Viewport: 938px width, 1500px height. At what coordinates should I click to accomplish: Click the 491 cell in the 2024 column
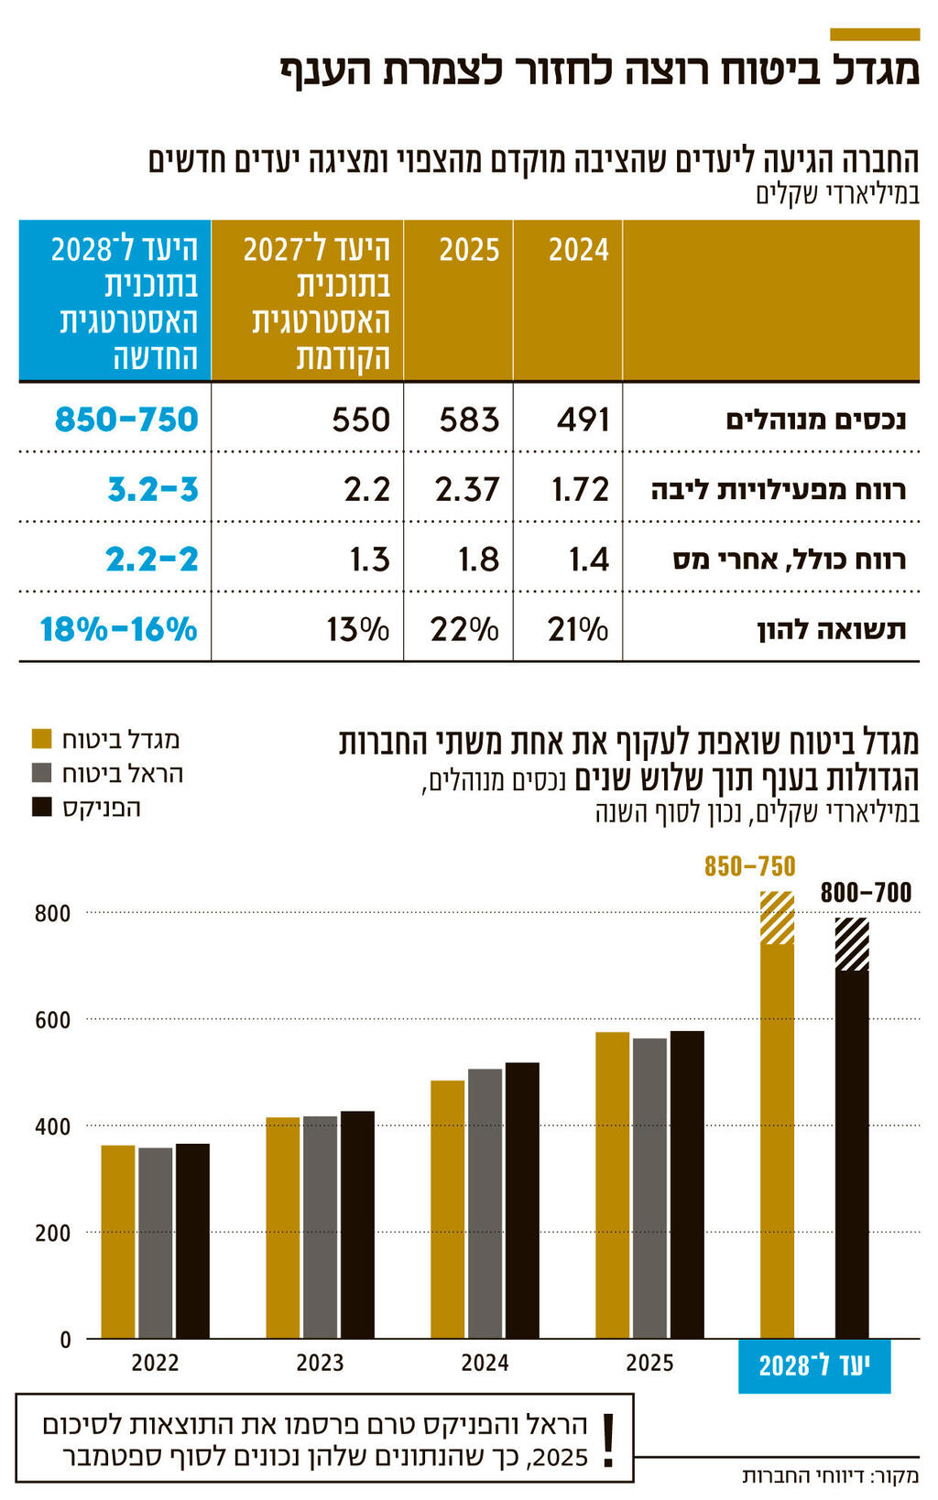pos(583,419)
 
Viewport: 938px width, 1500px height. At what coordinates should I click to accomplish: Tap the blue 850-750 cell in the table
pos(126,419)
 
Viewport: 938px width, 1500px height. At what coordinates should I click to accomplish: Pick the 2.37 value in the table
pos(467,489)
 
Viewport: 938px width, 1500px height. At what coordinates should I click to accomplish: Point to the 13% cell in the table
pos(358,630)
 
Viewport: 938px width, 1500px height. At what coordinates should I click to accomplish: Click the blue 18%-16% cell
pos(119,630)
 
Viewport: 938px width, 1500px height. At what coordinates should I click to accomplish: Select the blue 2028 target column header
pos(115,301)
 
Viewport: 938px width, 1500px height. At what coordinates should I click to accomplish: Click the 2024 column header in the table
pos(578,250)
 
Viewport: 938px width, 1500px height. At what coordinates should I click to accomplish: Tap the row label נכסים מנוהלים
pos(815,420)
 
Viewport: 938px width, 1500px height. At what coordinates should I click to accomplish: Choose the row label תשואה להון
pos(831,630)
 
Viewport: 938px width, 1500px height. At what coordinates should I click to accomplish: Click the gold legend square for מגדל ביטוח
pos(41,739)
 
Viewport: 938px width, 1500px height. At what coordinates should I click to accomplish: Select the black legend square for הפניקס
pos(41,807)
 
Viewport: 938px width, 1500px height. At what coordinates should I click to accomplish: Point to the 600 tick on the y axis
pos(52,1020)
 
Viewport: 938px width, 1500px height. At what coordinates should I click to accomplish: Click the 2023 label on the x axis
pos(320,1364)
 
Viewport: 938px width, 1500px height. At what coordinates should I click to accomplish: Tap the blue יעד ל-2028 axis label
pos(814,1367)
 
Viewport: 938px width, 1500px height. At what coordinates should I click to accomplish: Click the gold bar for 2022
pos(117,1241)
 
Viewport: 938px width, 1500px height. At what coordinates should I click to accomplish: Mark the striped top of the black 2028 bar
pos(852,944)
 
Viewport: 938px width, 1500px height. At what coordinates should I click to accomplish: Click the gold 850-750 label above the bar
pos(749,866)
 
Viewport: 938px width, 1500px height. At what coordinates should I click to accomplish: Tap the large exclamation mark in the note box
pos(606,1440)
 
